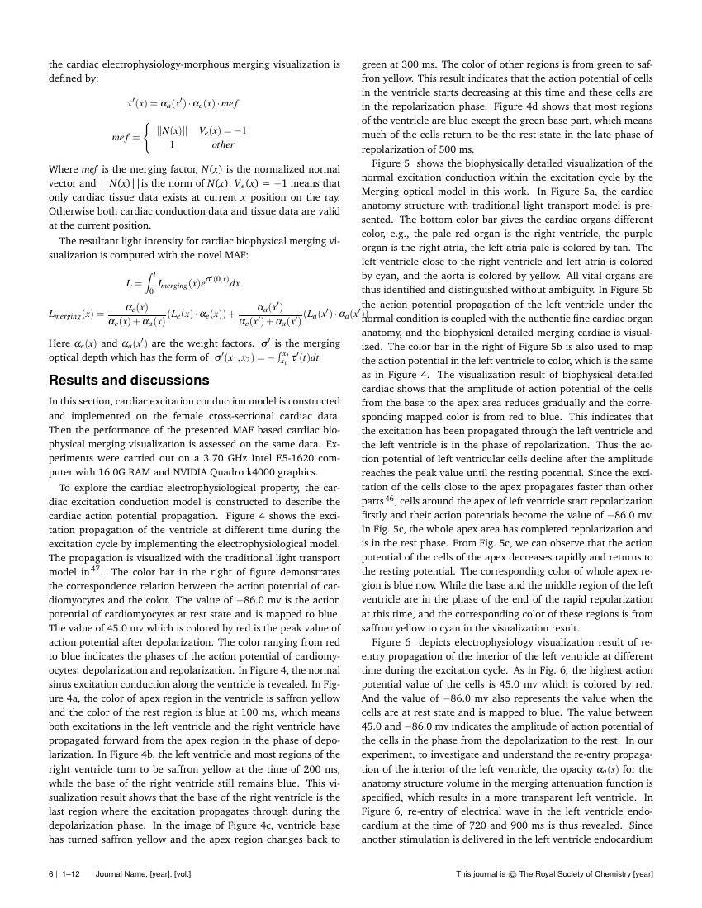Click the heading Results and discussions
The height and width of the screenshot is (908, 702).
click(x=129, y=381)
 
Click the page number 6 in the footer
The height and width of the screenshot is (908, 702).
click(x=51, y=873)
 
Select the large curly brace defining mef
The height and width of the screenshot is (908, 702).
click(x=147, y=138)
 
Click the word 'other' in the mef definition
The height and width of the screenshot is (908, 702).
click(x=223, y=144)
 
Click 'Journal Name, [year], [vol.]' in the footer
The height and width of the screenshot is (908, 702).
click(x=144, y=873)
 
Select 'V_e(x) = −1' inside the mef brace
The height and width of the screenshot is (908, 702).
click(x=223, y=130)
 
